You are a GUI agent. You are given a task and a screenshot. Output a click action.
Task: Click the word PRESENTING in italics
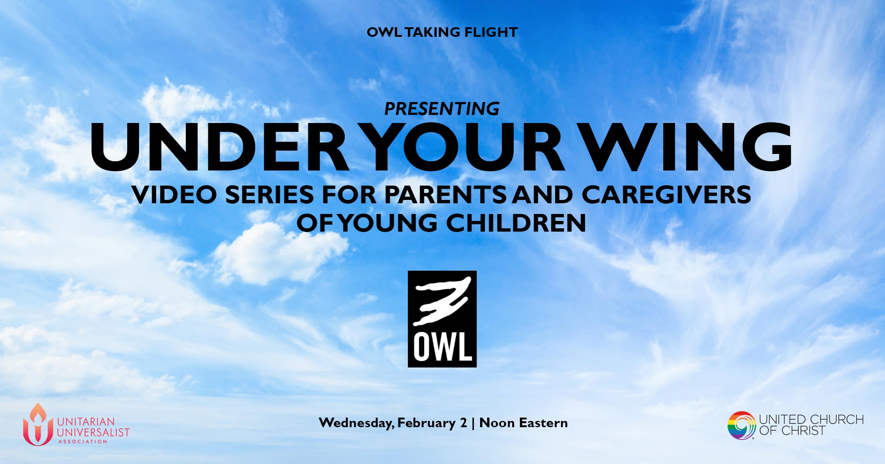point(442,109)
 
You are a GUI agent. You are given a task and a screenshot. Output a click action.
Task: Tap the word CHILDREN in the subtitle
point(516,223)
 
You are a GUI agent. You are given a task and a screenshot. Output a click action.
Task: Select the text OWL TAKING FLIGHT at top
point(442,32)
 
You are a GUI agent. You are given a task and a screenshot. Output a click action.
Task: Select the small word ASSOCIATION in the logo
point(83,441)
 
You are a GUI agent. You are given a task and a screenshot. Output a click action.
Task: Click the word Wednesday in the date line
point(356,423)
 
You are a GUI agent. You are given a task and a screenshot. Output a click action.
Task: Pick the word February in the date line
point(426,423)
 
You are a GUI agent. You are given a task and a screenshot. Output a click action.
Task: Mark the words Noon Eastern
point(524,423)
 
